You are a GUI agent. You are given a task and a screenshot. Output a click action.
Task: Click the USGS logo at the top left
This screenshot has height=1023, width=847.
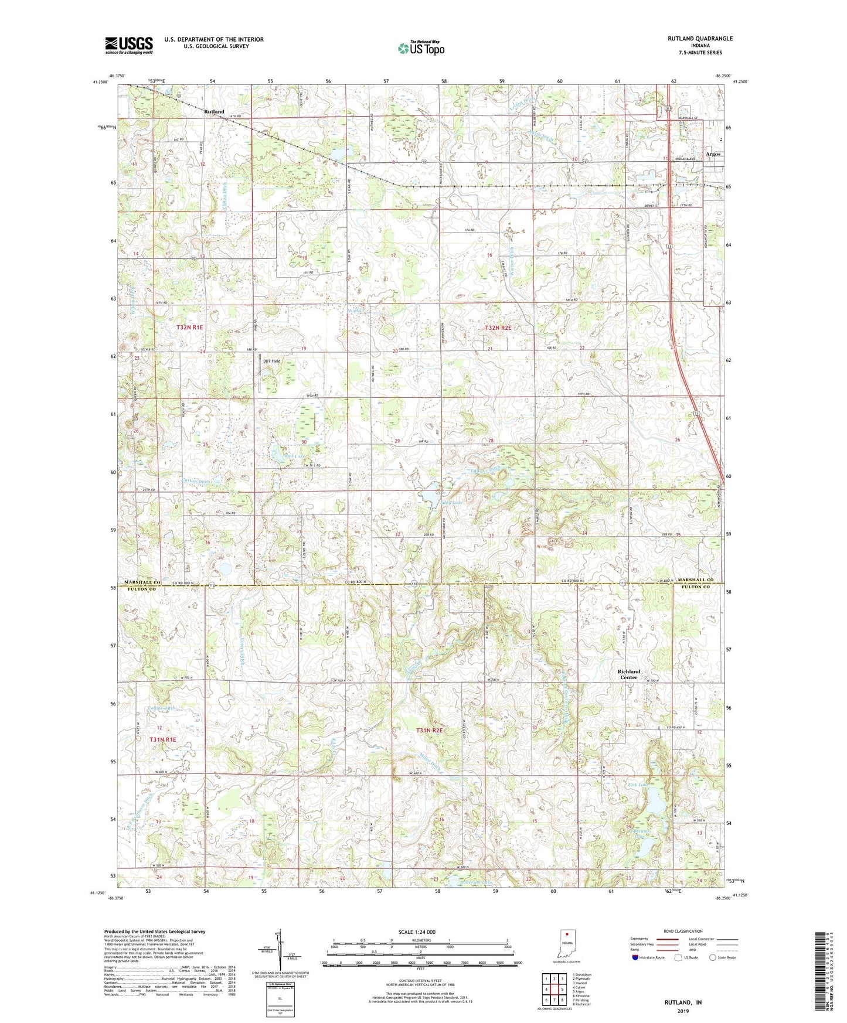[x=129, y=45]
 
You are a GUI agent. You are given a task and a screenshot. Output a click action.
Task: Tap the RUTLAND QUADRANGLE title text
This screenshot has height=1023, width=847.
[x=699, y=39]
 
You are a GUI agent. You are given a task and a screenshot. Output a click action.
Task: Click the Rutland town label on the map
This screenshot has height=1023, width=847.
[x=214, y=111]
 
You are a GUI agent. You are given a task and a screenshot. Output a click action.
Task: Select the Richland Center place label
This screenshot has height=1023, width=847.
[x=628, y=674]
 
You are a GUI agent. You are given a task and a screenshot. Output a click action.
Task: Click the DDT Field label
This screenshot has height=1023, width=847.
[x=271, y=362]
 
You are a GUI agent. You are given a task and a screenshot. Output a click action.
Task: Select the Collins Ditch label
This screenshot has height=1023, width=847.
[x=161, y=708]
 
